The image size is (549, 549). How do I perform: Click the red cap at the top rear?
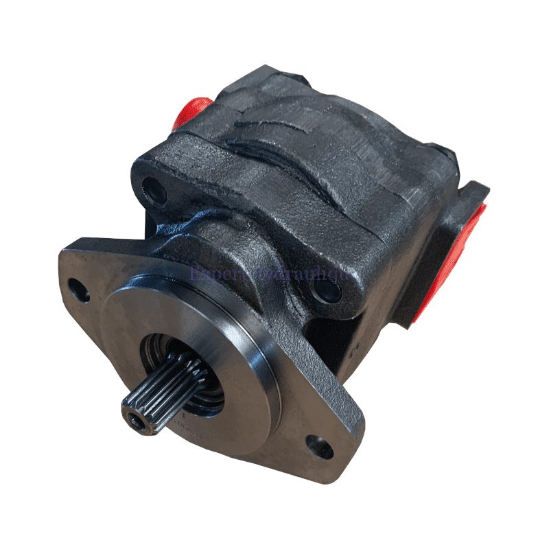pos(193,110)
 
